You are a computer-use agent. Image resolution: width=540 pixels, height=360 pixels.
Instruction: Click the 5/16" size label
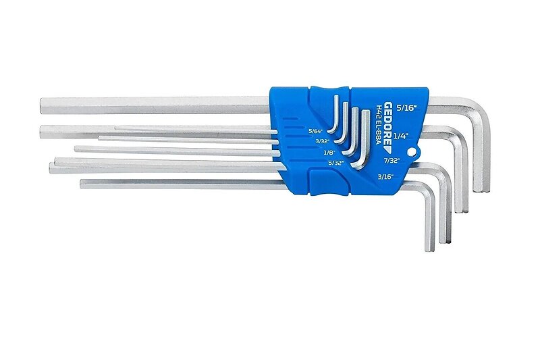pyautogui.click(x=406, y=108)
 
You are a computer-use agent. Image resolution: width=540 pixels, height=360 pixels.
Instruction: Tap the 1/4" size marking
pyautogui.click(x=400, y=136)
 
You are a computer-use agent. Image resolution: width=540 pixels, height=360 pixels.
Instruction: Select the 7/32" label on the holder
pyautogui.click(x=392, y=160)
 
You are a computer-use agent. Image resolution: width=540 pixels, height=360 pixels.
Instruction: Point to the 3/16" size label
pyautogui.click(x=385, y=177)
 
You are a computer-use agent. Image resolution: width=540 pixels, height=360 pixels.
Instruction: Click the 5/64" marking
pyautogui.click(x=315, y=131)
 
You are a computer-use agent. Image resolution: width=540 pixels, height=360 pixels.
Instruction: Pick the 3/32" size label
pyautogui.click(x=323, y=141)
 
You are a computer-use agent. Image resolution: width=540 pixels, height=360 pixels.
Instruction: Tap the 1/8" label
pyautogui.click(x=328, y=152)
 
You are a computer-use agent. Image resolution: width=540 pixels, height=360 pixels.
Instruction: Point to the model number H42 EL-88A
pyautogui.click(x=379, y=125)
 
